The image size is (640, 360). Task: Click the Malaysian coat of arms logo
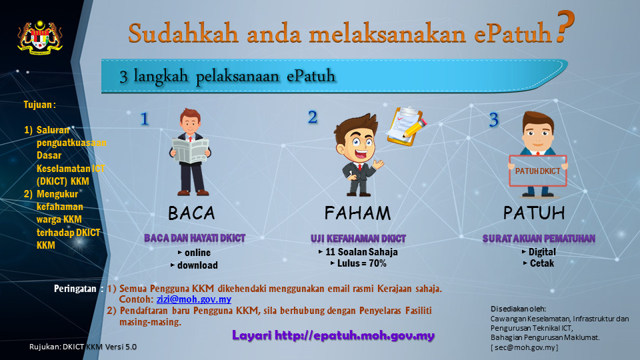39,37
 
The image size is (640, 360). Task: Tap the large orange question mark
565,26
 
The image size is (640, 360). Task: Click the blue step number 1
144,119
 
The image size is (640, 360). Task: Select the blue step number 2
312,117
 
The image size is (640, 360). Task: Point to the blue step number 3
494,119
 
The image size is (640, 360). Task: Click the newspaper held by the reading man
190,150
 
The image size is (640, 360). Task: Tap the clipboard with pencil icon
406,126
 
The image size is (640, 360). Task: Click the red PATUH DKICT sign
538,171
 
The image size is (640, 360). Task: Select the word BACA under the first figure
191,213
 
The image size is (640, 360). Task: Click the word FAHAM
357,213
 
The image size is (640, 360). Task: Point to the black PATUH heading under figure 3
534,213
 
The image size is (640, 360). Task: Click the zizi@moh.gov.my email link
194,299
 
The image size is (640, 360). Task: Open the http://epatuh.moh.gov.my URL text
354,335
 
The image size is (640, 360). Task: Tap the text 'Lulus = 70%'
361,263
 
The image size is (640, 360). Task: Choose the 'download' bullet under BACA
197,265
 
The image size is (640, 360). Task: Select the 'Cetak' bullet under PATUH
542,263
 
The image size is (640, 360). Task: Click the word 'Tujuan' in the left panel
38,105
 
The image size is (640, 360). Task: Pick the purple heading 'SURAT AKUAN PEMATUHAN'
539,239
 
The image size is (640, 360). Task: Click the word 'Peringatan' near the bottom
75,289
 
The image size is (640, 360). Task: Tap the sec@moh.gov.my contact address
525,347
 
